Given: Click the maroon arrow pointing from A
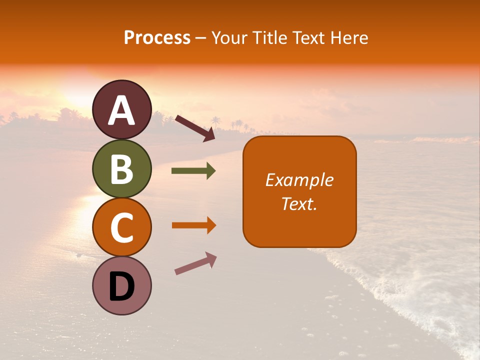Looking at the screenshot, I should point(195,128).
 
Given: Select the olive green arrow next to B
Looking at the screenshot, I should point(193,171).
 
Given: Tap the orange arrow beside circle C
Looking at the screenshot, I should point(193,225).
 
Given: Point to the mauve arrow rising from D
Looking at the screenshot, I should point(195,263).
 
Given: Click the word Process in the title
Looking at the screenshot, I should point(157,38).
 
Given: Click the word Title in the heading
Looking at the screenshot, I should point(269,38).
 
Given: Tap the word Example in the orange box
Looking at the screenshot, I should point(299,180).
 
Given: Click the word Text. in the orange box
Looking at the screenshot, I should point(299,203).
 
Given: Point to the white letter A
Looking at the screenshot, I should point(121,110).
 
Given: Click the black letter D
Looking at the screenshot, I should point(121,286).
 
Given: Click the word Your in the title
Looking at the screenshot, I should point(230,38).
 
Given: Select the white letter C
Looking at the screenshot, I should point(121,228).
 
